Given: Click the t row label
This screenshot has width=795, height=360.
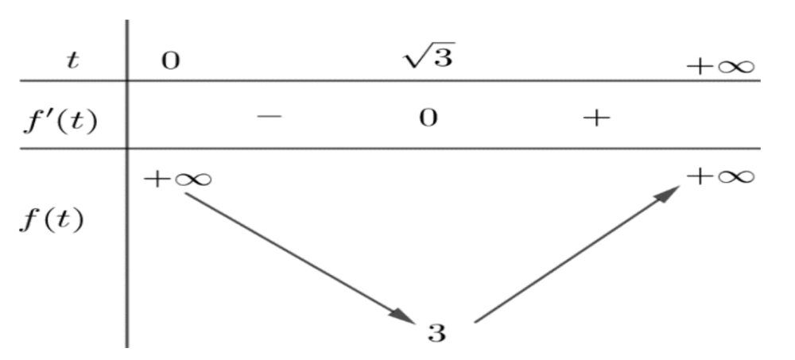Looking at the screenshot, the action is tap(73, 61).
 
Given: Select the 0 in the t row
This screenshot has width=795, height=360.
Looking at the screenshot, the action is tap(171, 61).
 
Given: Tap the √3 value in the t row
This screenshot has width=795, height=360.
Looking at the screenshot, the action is tap(429, 56).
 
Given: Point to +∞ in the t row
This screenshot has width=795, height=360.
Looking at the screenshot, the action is tap(720, 67).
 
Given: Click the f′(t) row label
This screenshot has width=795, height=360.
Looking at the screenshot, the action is tap(60, 123).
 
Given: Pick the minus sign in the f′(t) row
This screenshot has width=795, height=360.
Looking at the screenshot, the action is tap(269, 117).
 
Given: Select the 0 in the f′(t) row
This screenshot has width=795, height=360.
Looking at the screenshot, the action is tap(429, 118).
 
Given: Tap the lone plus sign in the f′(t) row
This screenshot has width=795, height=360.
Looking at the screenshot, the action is tap(596, 118).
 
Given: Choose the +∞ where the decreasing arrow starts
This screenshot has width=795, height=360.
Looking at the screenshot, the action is tap(177, 180).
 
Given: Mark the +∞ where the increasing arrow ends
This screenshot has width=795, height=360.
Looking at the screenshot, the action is tap(720, 177).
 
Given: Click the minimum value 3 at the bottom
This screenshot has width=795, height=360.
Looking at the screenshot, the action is tap(436, 334).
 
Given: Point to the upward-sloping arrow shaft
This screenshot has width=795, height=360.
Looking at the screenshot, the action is tap(577, 254).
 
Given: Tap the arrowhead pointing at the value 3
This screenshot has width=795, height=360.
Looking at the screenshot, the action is tap(405, 316).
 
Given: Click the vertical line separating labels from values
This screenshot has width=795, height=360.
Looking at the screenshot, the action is tap(126, 184).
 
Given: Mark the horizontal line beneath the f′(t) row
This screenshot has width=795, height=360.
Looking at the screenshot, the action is tap(390, 149).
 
